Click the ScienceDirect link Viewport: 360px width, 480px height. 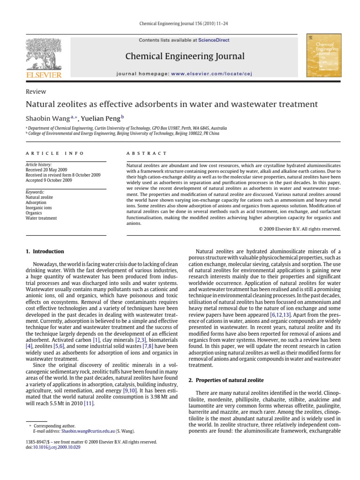[214, 40]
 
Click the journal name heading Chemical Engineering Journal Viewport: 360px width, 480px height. [185, 57]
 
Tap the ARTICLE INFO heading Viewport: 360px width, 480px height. [54, 153]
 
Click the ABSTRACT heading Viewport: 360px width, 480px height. [147, 153]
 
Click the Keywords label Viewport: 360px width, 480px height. [35, 192]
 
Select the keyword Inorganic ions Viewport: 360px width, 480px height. [38, 208]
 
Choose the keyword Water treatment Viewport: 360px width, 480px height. [41, 218]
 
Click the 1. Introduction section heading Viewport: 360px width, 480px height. [44, 252]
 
